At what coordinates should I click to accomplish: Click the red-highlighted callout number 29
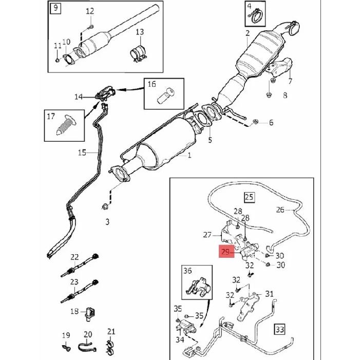pos(226,252)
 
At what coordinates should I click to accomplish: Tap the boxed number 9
pos(55,8)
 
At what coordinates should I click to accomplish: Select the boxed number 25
pos(250,197)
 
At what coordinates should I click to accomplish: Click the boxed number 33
pos(280,330)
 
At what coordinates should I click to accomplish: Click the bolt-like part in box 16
pos(165,96)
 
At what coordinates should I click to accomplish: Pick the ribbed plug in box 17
pos(67,125)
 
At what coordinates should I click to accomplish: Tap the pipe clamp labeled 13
pos(139,54)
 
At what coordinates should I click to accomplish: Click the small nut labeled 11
pos(58,61)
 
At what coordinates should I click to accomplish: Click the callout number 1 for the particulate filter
pos(190,156)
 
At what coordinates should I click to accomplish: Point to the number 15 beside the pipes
pos(82,153)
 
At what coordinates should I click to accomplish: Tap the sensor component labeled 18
pos(90,314)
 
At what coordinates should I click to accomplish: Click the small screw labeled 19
pos(66,348)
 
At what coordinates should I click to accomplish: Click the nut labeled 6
pos(255,122)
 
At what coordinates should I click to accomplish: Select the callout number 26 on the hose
pos(280,210)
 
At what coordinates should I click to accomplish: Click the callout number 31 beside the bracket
pos(270,294)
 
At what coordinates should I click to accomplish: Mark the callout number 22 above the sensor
pos(74,257)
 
